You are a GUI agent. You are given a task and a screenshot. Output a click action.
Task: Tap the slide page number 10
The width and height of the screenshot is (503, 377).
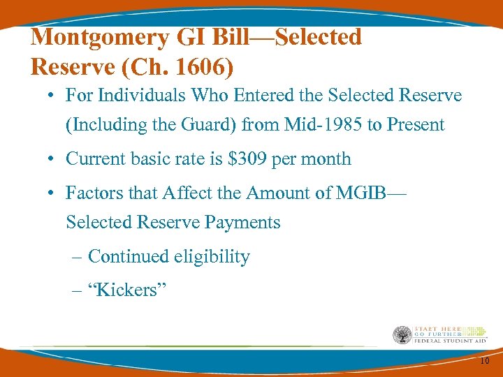pos(485,360)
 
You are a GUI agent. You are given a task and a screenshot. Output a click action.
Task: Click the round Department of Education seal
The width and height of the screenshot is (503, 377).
pos(403,334)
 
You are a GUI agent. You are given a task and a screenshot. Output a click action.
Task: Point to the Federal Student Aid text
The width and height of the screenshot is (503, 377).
pos(449,341)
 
